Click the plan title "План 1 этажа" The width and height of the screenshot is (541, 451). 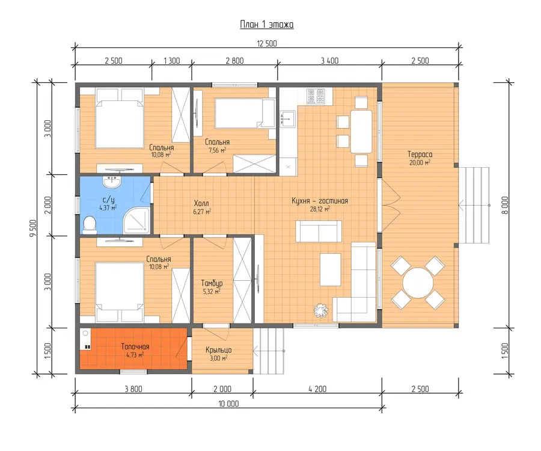[x=267, y=25]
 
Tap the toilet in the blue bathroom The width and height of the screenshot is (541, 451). [x=90, y=225]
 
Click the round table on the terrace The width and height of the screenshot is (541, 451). [x=418, y=283]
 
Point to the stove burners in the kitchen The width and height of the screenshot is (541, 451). [x=316, y=96]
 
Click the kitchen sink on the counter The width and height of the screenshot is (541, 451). [x=288, y=118]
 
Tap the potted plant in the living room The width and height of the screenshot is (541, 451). [x=321, y=310]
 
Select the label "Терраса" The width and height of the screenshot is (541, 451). [x=420, y=155]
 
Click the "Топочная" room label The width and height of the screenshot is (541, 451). [x=135, y=346]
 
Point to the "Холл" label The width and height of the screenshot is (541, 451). [x=201, y=203]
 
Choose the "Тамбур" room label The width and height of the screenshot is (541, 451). [x=212, y=284]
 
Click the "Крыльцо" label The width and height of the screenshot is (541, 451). [x=218, y=350]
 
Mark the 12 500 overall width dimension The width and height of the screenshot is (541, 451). [x=267, y=43]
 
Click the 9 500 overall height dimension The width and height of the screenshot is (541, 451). [x=33, y=228]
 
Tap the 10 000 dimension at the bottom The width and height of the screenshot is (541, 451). [x=228, y=403]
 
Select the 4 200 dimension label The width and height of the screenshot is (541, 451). [x=317, y=389]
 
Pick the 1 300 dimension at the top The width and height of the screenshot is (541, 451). [x=171, y=61]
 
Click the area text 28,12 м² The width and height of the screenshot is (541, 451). [x=320, y=209]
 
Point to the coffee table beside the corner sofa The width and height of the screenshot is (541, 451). [x=330, y=269]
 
